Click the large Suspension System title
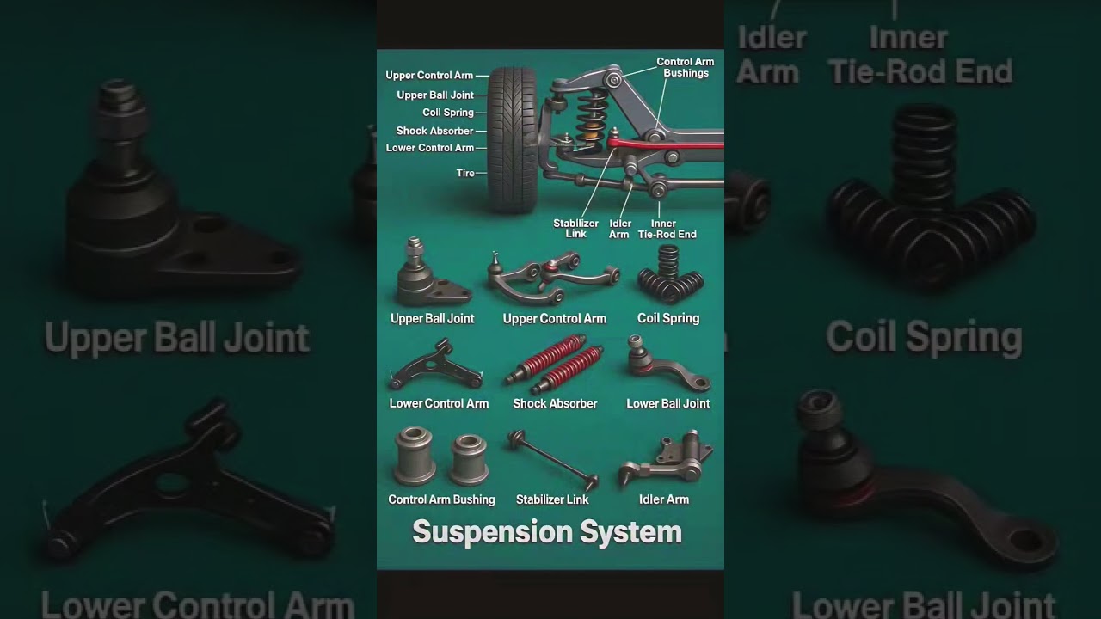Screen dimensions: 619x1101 pyautogui.click(x=547, y=532)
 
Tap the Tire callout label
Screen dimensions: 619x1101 pyautogui.click(x=465, y=173)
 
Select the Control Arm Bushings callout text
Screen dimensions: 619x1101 pyautogui.click(x=686, y=67)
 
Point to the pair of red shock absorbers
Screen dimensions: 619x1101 pyautogui.click(x=555, y=365)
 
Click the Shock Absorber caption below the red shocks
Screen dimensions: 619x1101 pyautogui.click(x=555, y=403)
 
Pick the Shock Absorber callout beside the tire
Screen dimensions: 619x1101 pyautogui.click(x=434, y=131)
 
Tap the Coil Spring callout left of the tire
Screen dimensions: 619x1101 pyautogui.click(x=448, y=113)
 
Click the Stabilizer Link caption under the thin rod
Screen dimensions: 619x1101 pyautogui.click(x=552, y=499)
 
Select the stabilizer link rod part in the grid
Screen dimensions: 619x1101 pyautogui.click(x=552, y=457)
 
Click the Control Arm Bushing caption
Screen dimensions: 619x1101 pyautogui.click(x=441, y=499)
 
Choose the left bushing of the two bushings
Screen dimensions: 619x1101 pyautogui.click(x=414, y=456)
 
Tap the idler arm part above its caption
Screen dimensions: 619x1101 pyautogui.click(x=667, y=458)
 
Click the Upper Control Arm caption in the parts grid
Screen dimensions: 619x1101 pyautogui.click(x=555, y=318)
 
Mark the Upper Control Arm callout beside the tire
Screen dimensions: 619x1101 pyautogui.click(x=429, y=76)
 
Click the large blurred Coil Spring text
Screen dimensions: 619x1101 pyautogui.click(x=924, y=338)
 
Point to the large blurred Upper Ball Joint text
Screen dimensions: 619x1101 pyautogui.click(x=176, y=338)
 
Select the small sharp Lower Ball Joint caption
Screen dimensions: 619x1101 pyautogui.click(x=668, y=403)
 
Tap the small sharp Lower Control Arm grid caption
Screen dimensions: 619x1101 pyautogui.click(x=439, y=403)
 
